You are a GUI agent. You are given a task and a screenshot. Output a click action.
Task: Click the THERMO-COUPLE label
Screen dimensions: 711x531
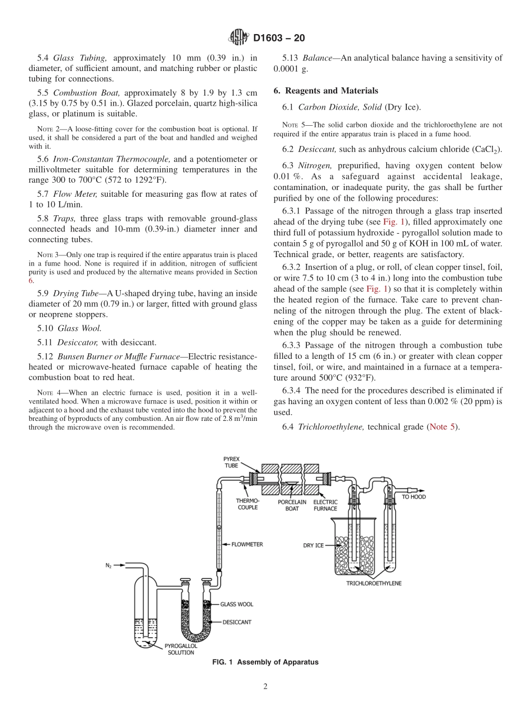[246, 505]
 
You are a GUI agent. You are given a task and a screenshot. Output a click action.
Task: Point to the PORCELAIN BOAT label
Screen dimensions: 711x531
[292, 505]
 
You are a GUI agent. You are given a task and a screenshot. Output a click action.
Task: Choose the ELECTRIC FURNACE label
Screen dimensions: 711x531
[325, 505]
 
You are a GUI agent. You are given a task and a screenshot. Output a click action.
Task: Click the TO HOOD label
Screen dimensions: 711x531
[414, 496]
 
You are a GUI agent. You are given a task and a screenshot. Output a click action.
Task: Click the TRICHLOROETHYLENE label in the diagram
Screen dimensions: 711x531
[373, 583]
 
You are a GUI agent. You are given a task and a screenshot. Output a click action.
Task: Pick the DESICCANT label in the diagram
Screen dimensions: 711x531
[236, 622]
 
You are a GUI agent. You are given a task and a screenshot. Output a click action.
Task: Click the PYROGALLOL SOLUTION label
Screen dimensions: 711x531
[179, 649]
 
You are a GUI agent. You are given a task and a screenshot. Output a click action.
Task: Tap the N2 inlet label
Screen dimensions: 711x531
[108, 566]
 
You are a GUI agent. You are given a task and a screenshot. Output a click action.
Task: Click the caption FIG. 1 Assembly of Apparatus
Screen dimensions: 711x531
[265, 662]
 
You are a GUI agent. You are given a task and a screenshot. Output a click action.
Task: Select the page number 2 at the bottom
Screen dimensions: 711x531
[265, 687]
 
